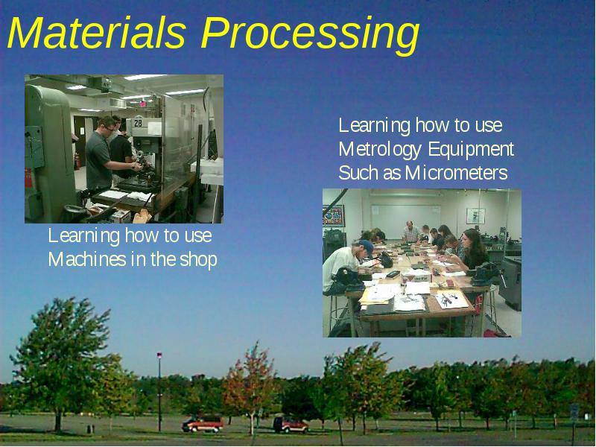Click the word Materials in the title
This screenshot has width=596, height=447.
[97, 33]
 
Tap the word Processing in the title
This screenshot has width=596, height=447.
[310, 36]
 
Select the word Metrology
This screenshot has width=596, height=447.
[380, 150]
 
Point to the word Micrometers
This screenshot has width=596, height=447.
[456, 173]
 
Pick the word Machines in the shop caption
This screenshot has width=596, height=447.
[87, 259]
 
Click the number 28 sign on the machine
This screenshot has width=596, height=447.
[138, 123]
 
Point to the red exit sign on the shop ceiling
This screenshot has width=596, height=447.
[142, 104]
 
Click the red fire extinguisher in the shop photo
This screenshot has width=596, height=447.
[77, 161]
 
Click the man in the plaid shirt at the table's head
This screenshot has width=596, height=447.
[410, 232]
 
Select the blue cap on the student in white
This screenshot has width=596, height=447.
[367, 247]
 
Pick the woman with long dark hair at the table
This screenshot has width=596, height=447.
[472, 251]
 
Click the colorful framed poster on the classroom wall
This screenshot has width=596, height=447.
[333, 216]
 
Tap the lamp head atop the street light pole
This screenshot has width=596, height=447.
[159, 355]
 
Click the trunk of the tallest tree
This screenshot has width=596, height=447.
[58, 420]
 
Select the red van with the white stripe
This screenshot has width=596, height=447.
[203, 424]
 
